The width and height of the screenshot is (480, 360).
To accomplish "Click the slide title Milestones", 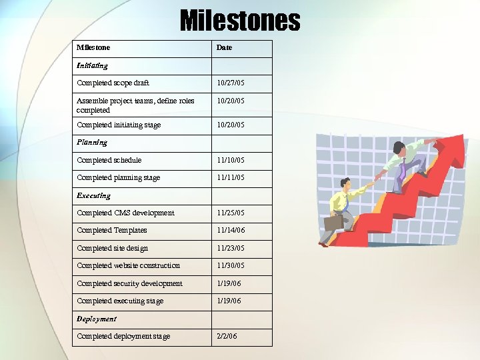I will point(240,20).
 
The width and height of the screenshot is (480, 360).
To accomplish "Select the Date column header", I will point(224,48).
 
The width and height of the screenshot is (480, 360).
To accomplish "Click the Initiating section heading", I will point(92,65).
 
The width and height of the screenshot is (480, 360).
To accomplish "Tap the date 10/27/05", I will point(230,83).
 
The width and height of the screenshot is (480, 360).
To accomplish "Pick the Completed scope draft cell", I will point(113,83).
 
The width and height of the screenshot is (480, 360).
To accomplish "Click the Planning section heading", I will point(91,142).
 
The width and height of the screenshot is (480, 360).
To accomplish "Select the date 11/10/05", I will point(230,160).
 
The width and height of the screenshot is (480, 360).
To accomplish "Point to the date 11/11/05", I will point(230,178).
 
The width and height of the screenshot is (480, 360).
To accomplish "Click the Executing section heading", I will point(93,196).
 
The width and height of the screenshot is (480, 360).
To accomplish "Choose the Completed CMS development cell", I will point(125,213).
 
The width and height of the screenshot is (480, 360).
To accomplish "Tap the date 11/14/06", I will point(230,231).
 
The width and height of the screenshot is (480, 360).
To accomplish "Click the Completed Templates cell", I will point(112,231).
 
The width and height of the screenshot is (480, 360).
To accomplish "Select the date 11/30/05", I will point(230,266).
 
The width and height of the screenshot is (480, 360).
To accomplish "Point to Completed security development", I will point(129,283).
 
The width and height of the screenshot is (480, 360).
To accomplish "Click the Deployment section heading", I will point(97,319).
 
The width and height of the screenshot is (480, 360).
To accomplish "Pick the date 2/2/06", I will point(227,336).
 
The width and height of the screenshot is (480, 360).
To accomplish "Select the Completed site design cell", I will point(112,248).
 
